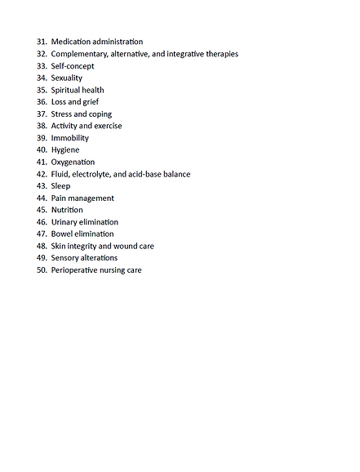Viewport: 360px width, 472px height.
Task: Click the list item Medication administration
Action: click(x=96, y=42)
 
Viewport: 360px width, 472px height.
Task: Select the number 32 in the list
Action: click(x=42, y=54)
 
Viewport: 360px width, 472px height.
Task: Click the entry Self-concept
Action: click(x=73, y=66)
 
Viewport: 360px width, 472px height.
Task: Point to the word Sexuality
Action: click(x=67, y=78)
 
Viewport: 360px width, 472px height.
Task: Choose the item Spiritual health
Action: click(x=78, y=90)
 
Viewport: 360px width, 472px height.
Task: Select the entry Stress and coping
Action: click(x=82, y=114)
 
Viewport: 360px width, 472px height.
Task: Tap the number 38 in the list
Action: click(x=42, y=126)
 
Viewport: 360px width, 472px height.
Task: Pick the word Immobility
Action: click(x=70, y=138)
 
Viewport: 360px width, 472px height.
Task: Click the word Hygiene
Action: click(x=65, y=150)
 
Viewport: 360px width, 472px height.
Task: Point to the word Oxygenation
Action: click(x=73, y=162)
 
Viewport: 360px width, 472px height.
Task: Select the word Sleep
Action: click(x=61, y=186)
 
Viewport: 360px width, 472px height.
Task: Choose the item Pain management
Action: click(x=82, y=198)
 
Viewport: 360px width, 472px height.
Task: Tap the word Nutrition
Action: click(x=67, y=210)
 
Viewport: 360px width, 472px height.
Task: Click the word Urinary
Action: click(x=65, y=222)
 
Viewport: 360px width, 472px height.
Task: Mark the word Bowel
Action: click(x=62, y=234)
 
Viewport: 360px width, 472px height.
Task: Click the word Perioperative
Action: click(x=78, y=269)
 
